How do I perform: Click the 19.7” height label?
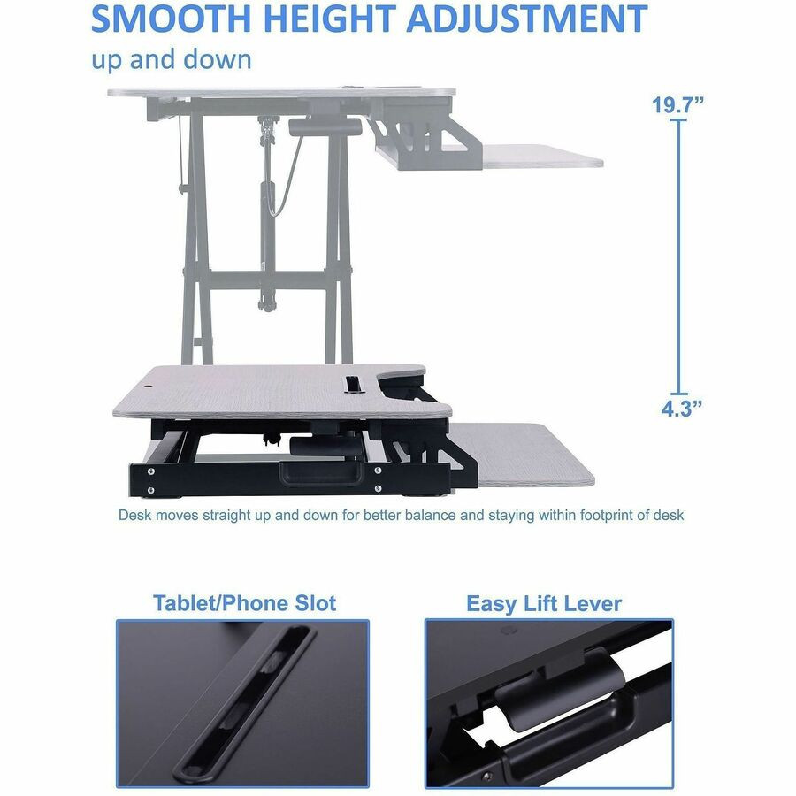click(678, 105)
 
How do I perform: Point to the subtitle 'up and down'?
click(171, 59)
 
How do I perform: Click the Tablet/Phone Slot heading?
click(244, 603)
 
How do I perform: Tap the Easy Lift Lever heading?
click(544, 604)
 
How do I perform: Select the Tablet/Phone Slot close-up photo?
click(242, 703)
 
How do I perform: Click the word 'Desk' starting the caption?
click(134, 515)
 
